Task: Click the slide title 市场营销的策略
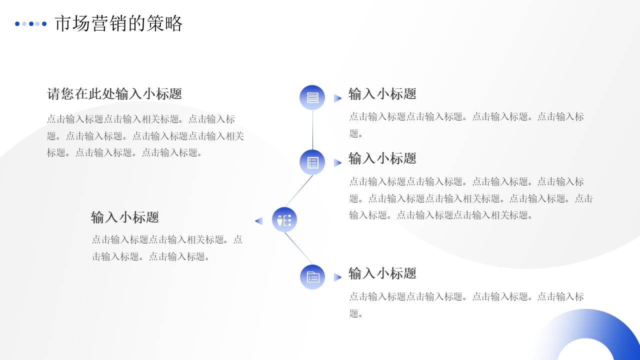[118, 23]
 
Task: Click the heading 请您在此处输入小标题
[114, 94]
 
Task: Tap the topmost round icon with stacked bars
[312, 97]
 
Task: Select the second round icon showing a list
[312, 162]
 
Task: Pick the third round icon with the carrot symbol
[284, 220]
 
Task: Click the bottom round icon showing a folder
[312, 277]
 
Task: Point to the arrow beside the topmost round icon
[337, 98]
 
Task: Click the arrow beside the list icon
[337, 162]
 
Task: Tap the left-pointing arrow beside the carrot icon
[259, 221]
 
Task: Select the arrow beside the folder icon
[337, 277]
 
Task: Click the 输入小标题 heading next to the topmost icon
[382, 94]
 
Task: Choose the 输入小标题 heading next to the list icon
[382, 158]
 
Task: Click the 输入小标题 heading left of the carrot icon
[125, 217]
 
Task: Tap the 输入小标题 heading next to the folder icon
[382, 273]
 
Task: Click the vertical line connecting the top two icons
[312, 130]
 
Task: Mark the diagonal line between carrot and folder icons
[298, 248]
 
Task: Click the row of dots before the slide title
[30, 23]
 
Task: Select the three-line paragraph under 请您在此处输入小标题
[145, 136]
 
